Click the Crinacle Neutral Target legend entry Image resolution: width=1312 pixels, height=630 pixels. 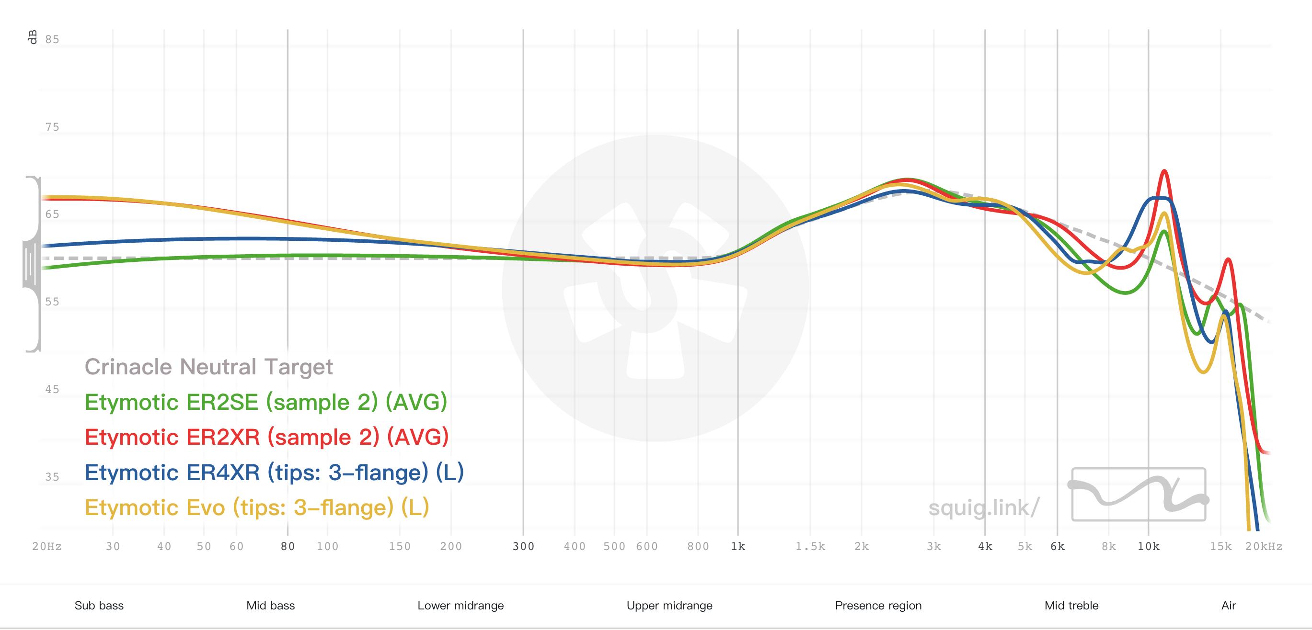click(x=208, y=367)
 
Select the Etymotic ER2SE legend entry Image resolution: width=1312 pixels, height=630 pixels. click(x=265, y=402)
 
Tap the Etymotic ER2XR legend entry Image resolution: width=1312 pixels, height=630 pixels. click(x=266, y=437)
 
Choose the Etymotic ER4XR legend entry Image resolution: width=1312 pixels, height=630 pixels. click(x=274, y=472)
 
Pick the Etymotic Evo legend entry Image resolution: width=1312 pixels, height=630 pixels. click(x=257, y=507)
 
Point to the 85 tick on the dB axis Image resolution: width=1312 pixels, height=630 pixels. click(x=52, y=40)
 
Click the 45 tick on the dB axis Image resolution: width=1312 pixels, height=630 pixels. click(x=52, y=390)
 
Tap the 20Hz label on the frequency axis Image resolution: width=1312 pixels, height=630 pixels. click(x=47, y=547)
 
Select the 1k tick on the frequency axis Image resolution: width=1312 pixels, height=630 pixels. click(x=738, y=547)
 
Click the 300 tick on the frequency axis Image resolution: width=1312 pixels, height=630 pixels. click(x=523, y=547)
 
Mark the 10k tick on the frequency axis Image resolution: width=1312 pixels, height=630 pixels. click(x=1149, y=547)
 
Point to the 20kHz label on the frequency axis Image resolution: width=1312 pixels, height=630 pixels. click(x=1264, y=547)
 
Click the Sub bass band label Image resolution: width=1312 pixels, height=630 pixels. click(x=99, y=606)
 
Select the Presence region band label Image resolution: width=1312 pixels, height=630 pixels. click(x=878, y=606)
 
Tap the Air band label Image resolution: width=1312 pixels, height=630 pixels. click(x=1229, y=606)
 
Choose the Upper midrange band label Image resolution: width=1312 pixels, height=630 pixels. click(x=669, y=606)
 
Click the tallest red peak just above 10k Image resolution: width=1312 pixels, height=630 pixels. click(x=1164, y=171)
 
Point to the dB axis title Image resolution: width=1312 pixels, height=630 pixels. click(x=33, y=38)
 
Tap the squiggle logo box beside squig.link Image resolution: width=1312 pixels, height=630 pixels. click(x=1139, y=494)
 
